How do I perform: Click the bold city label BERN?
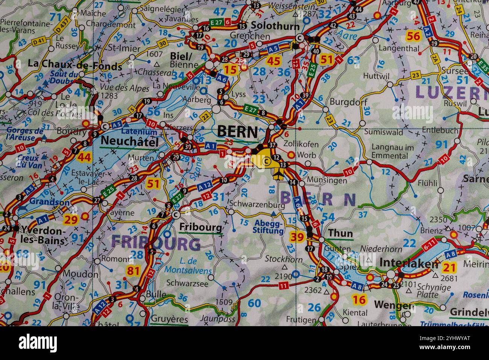tap(238, 131)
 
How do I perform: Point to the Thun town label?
tap(341, 233)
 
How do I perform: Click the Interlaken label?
tap(409, 263)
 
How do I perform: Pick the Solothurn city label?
tap(275, 26)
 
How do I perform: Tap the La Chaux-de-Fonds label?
tap(75, 64)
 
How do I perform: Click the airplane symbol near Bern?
tap(278, 174)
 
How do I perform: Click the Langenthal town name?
tap(399, 48)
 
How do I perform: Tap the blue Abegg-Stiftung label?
tap(269, 227)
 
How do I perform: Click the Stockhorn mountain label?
tap(284, 259)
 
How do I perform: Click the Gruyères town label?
tap(169, 319)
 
